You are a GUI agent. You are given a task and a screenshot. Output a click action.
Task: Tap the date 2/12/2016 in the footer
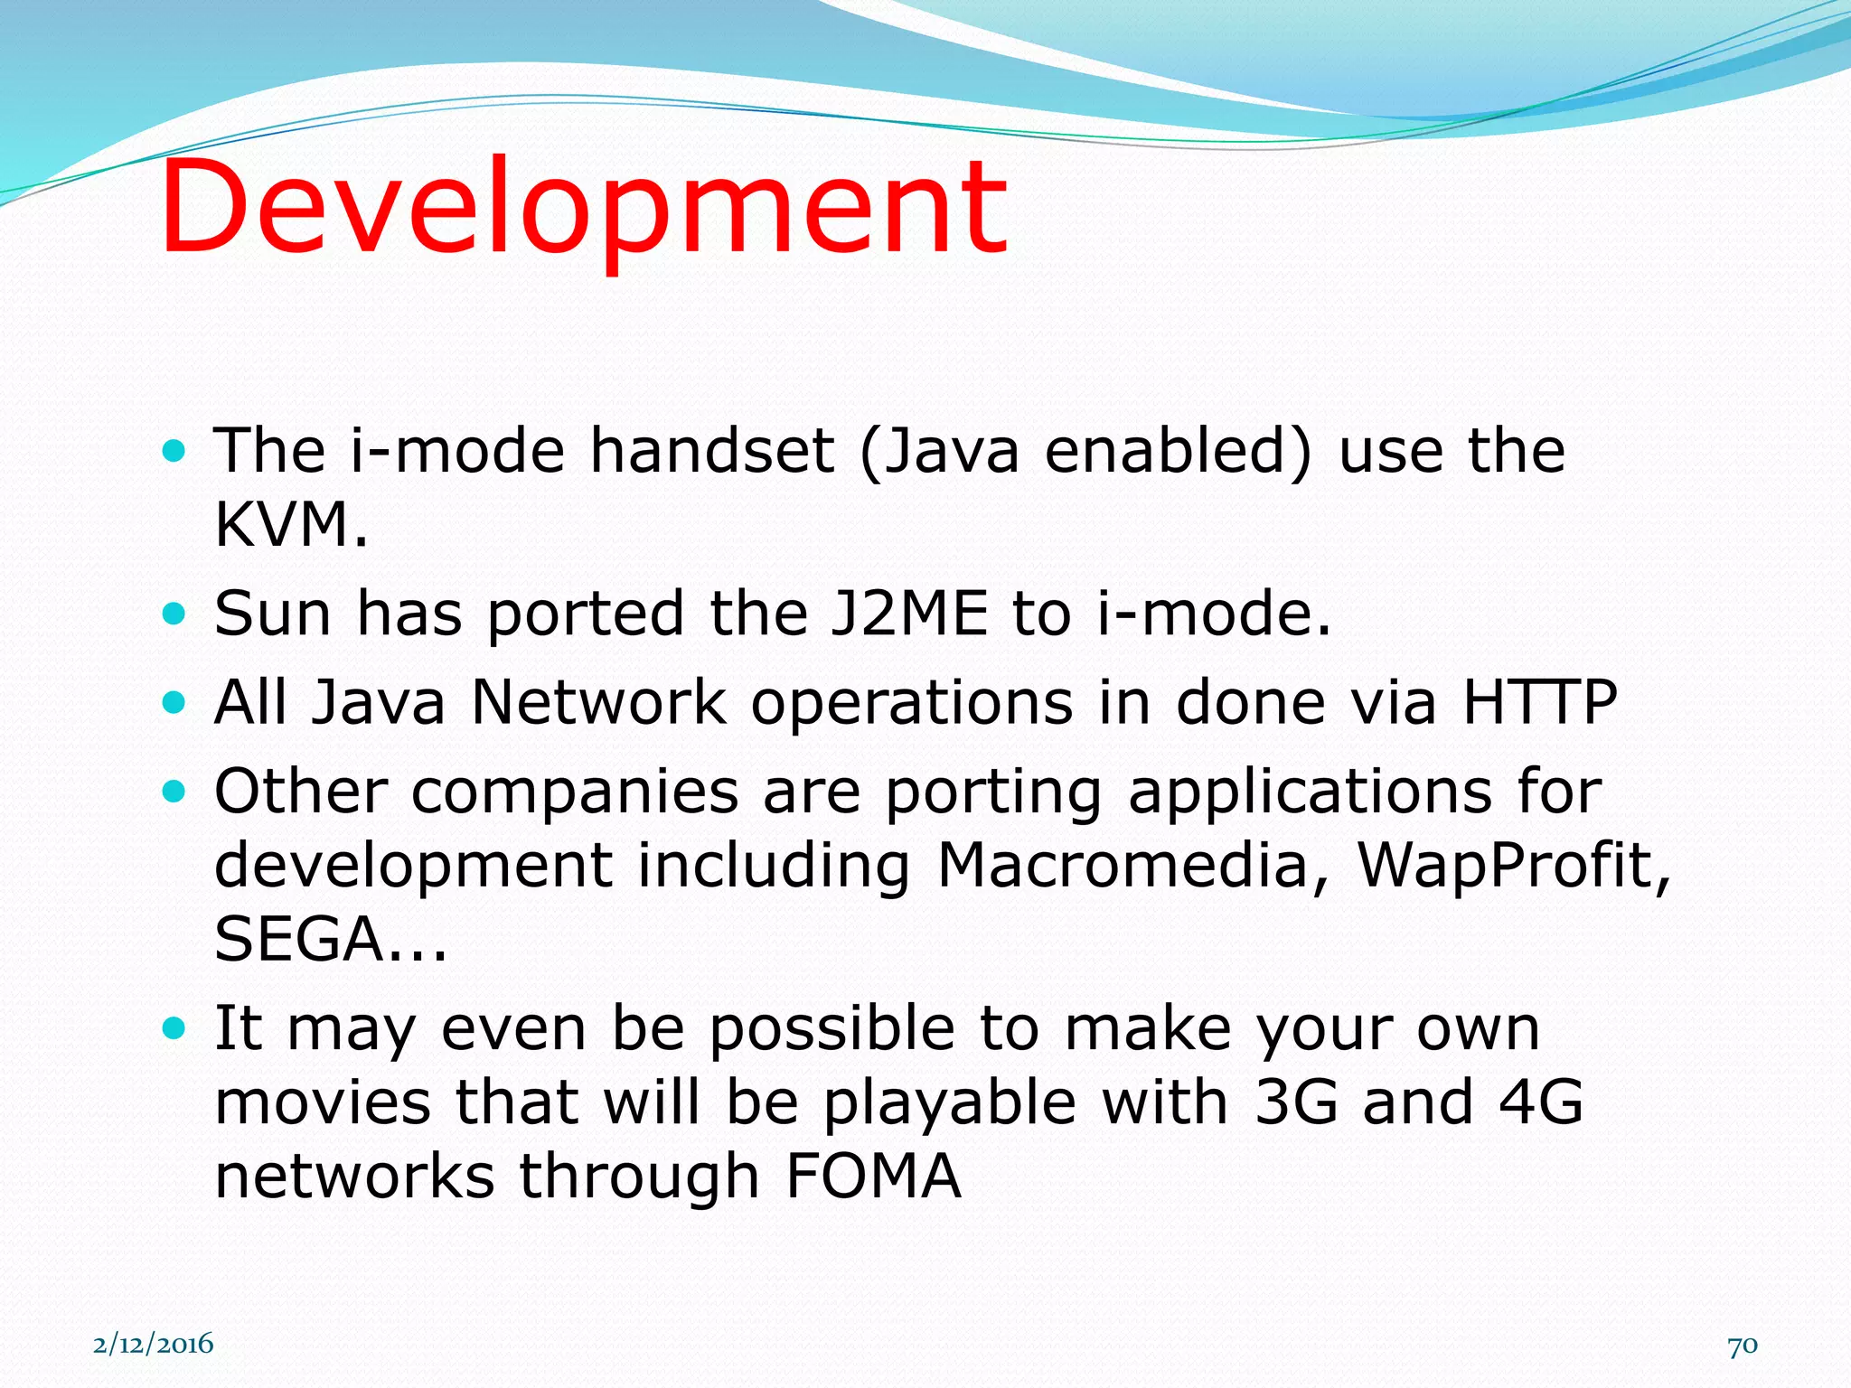(x=153, y=1344)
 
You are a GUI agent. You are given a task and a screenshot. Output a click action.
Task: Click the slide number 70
(x=1742, y=1346)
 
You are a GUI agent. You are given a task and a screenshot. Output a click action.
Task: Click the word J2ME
(x=908, y=613)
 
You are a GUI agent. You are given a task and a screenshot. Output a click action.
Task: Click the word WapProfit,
(x=1513, y=865)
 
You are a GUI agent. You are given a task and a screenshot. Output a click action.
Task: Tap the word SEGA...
(x=298, y=939)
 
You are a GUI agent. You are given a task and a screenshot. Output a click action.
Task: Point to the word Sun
(x=272, y=613)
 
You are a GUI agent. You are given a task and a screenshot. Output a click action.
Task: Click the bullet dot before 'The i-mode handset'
(x=174, y=450)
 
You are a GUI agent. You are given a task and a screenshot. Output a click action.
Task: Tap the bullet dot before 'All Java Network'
(x=174, y=702)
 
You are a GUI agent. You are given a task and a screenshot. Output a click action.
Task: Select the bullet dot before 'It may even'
(x=174, y=1028)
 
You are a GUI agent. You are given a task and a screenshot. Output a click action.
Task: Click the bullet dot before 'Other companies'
(x=174, y=792)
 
